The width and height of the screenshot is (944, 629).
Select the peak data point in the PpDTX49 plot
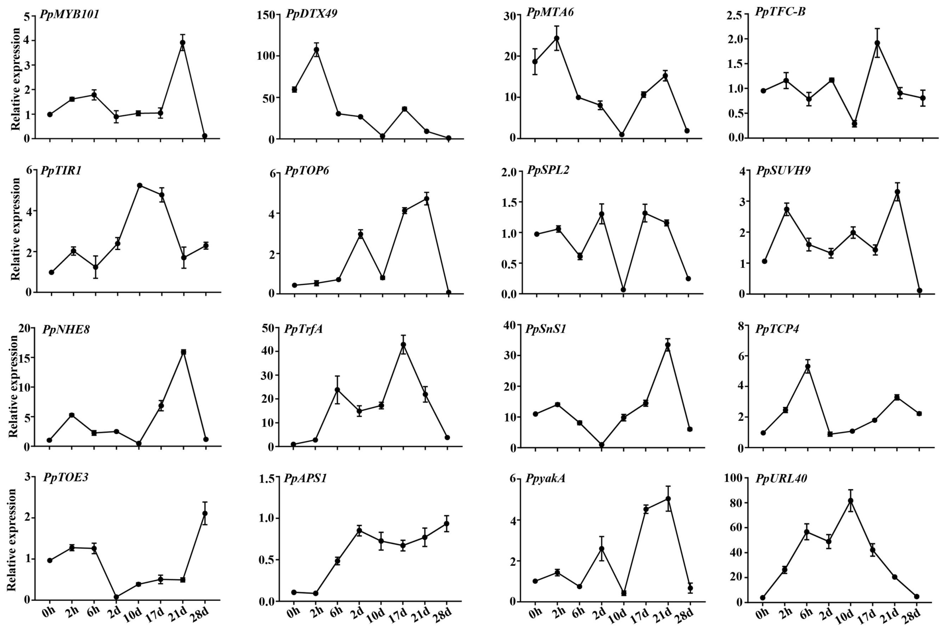pyautogui.click(x=316, y=50)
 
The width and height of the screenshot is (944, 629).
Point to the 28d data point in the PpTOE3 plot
pyautogui.click(x=205, y=513)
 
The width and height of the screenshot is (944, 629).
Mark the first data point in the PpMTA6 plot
pyautogui.click(x=535, y=61)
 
